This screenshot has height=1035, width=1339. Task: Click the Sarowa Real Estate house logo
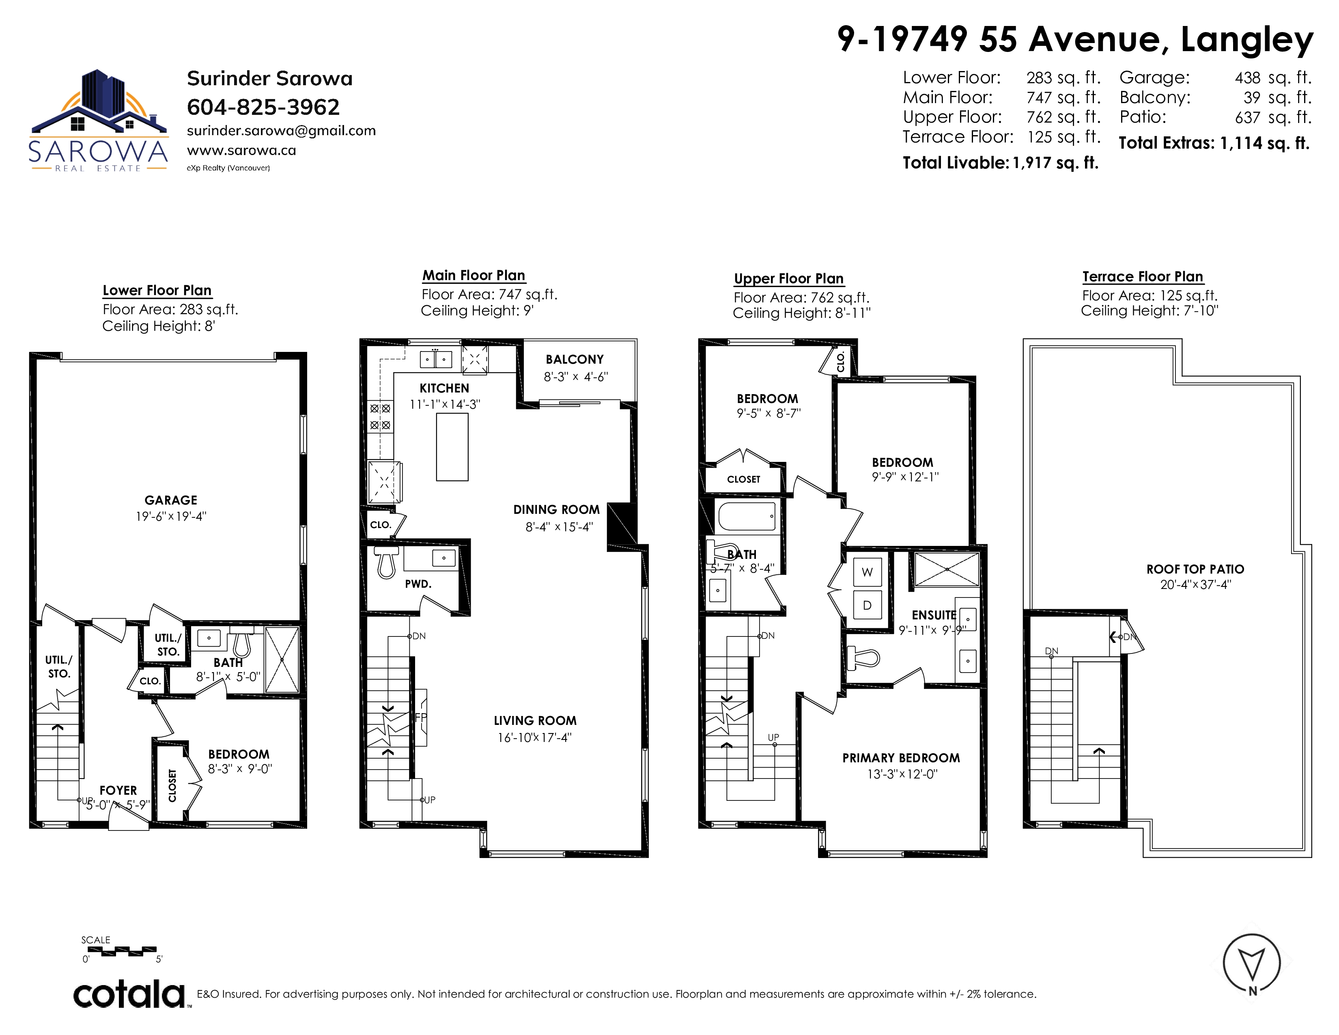(98, 120)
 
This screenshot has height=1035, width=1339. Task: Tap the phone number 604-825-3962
(263, 107)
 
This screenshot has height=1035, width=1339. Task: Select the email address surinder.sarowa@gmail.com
(282, 131)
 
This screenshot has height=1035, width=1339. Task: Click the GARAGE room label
(171, 500)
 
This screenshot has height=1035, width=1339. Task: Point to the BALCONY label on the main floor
(575, 359)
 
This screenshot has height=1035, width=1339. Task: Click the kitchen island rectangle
(452, 446)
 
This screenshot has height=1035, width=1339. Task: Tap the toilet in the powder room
(386, 562)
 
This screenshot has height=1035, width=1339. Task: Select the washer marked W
(868, 571)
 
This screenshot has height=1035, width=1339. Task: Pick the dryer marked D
(868, 605)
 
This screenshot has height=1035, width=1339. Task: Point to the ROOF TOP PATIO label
(1195, 569)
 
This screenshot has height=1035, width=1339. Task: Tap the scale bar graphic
(121, 951)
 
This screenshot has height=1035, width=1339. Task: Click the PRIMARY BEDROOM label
(901, 758)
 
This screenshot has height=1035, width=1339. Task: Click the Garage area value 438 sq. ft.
(1273, 78)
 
